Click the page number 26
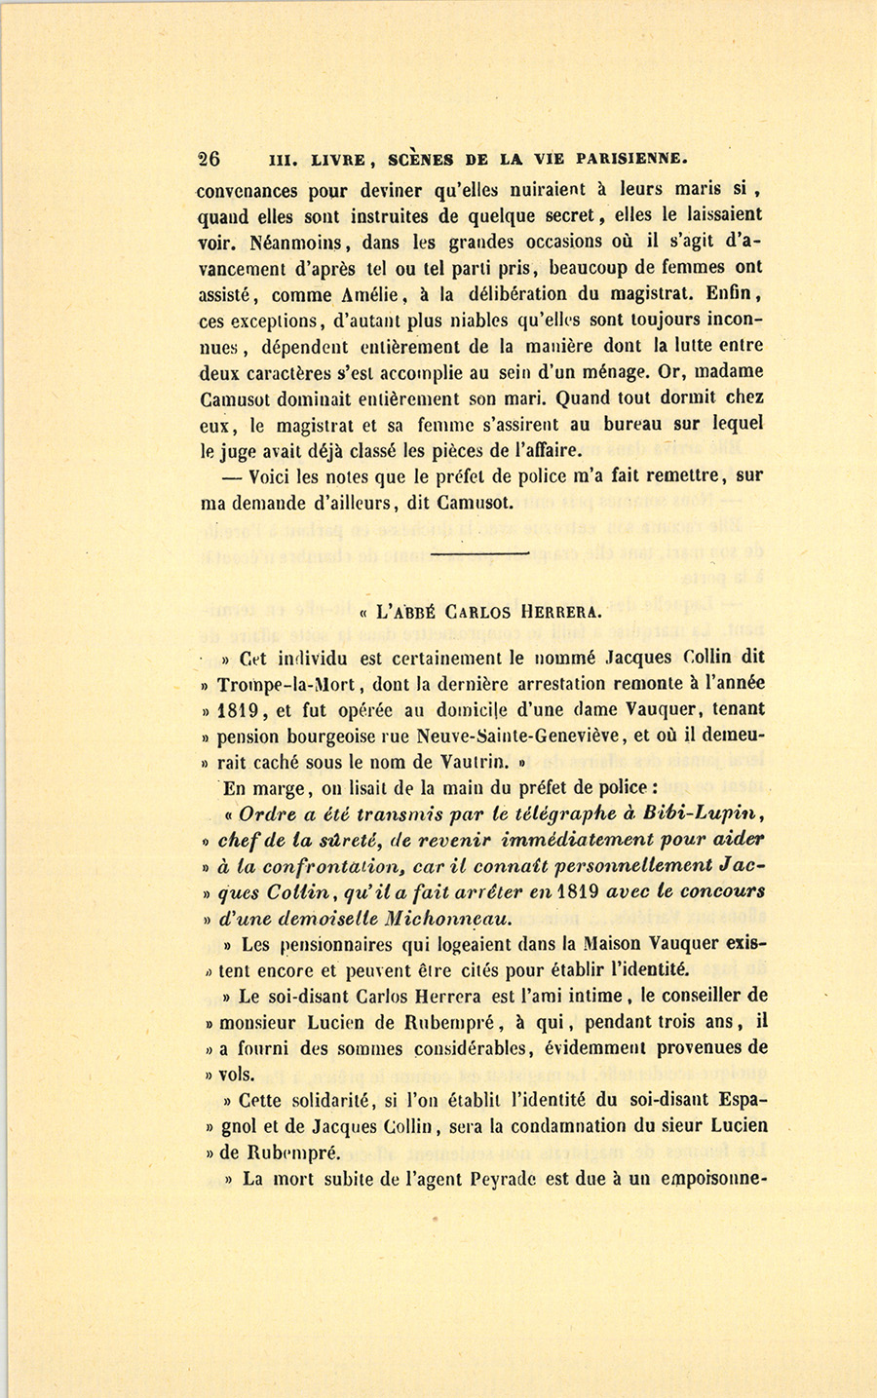pos(209,159)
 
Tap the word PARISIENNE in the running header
pos(632,159)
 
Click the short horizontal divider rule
pos(478,553)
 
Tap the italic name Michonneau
pos(448,918)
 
